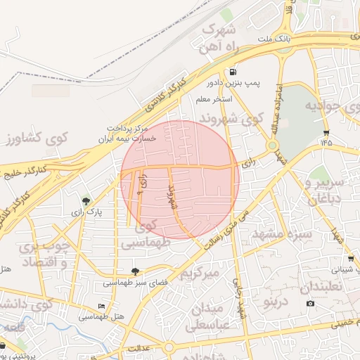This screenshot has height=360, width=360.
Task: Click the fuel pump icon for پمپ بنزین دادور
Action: (x=231, y=72)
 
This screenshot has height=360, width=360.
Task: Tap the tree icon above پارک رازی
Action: (x=86, y=201)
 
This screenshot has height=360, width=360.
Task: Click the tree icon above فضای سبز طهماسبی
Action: (x=135, y=272)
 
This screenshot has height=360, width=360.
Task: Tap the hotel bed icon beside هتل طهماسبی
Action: (x=101, y=307)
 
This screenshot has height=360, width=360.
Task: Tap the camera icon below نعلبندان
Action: (x=310, y=303)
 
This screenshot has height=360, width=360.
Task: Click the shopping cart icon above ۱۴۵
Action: (x=326, y=132)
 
